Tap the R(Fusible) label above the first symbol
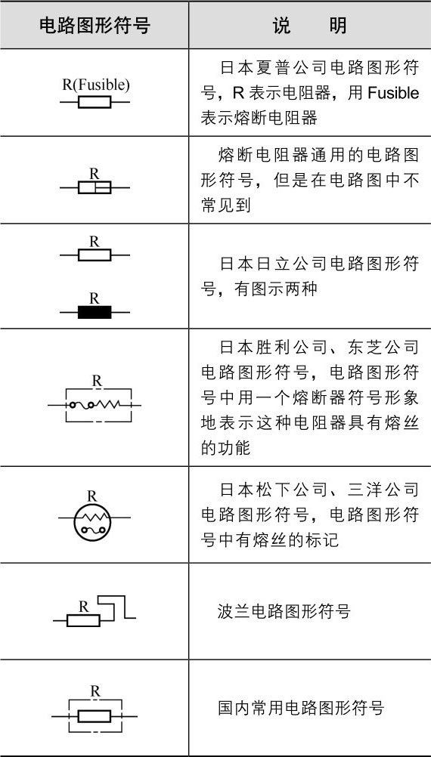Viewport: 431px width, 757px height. [x=96, y=85]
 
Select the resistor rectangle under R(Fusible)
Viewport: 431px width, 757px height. [x=95, y=102]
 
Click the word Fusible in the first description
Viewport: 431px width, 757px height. [x=393, y=93]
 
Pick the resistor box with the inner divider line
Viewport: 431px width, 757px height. [x=95, y=187]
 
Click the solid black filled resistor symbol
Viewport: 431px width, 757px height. [x=95, y=312]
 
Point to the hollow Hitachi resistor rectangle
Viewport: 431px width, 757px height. [x=95, y=255]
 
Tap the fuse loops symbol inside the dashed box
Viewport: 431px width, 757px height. [x=81, y=405]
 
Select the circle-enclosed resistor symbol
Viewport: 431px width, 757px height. [x=92, y=521]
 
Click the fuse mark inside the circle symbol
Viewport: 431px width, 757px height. [x=92, y=530]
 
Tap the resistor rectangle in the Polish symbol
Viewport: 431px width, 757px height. [x=83, y=620]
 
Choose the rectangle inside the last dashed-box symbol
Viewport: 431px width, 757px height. [x=95, y=716]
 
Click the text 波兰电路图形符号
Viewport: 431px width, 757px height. [x=284, y=612]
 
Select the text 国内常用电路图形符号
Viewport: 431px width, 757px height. [x=301, y=708]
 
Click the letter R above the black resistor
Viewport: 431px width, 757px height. [x=95, y=298]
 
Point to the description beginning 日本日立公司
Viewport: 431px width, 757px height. [x=310, y=277]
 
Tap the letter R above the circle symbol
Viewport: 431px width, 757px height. [x=92, y=496]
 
